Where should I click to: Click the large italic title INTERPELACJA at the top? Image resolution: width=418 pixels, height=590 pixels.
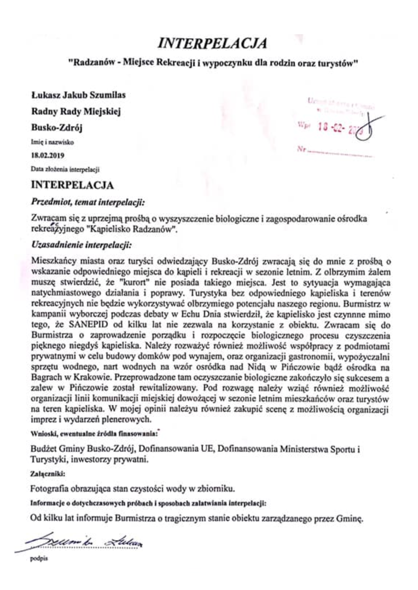point(212,43)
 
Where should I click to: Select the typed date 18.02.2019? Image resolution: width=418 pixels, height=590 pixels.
point(47,156)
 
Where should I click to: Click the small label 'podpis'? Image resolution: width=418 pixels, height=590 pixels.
point(39,559)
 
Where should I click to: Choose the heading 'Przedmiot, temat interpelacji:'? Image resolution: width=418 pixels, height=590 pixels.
point(88,203)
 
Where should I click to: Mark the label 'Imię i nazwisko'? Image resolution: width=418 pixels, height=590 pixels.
point(52,142)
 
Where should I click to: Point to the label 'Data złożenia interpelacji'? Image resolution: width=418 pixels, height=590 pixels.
point(65,169)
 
